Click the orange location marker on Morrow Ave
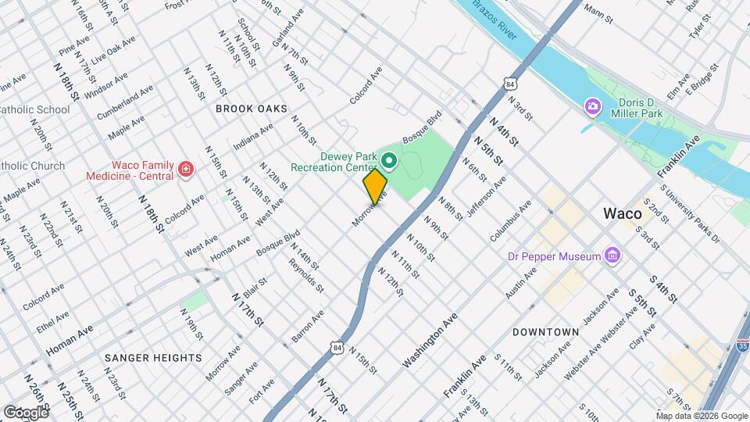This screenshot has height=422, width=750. tap(375, 187)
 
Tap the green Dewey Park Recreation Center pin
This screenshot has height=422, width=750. tap(389, 162)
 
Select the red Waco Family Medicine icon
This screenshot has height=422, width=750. tap(185, 169)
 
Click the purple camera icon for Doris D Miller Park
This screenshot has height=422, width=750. tap(593, 105)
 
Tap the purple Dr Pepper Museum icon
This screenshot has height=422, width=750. tap(613, 256)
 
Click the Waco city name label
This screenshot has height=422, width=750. tap(622, 213)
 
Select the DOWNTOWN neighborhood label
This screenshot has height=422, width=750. tap(545, 332)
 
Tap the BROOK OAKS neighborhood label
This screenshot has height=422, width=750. tap(252, 109)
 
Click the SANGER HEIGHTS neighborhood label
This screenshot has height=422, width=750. tap(154, 357)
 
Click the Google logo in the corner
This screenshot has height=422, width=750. tap(25, 412)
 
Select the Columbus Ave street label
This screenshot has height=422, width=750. tap(511, 220)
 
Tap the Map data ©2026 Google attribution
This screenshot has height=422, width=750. tap(701, 416)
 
